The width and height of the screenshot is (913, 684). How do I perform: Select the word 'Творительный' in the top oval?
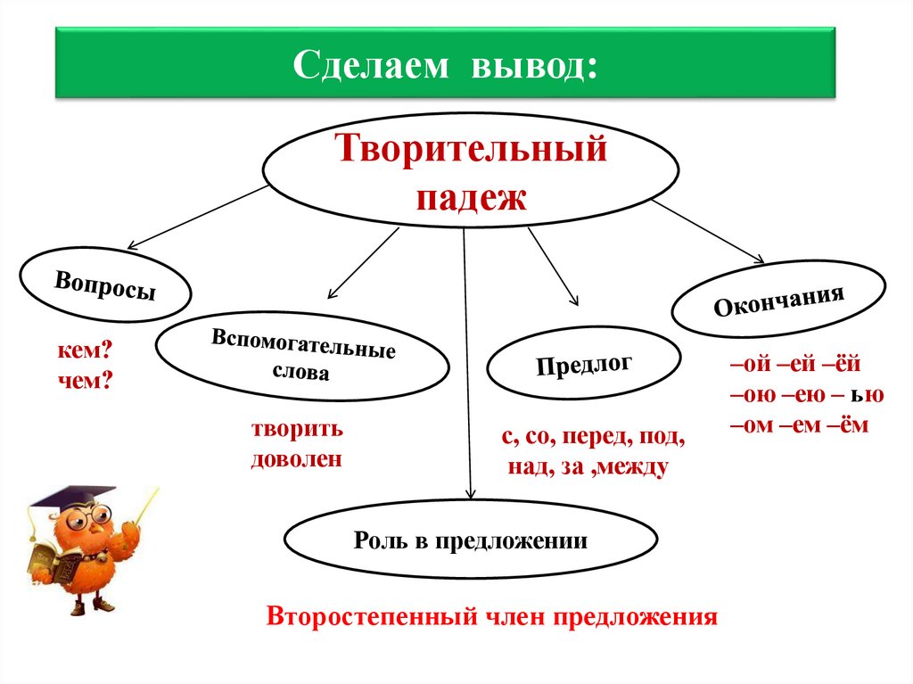tap(471, 148)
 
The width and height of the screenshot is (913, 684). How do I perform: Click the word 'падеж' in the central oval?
tap(471, 196)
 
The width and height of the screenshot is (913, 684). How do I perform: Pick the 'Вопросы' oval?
tap(105, 285)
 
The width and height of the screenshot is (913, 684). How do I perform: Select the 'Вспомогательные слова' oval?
tap(302, 356)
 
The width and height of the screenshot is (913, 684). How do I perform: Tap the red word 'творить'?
tap(297, 429)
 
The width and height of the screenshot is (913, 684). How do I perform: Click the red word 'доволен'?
tap(297, 459)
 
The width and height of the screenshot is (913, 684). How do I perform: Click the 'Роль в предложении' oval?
tap(470, 540)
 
